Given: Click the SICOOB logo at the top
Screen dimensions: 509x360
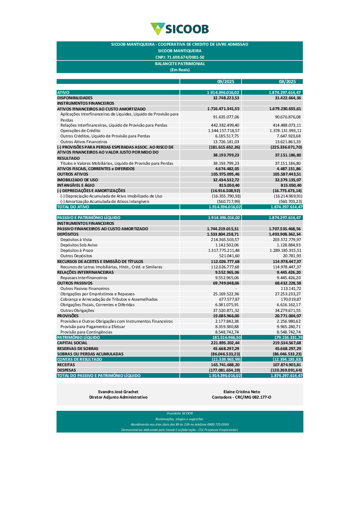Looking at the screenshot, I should (180, 29).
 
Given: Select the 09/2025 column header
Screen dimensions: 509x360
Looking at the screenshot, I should (226, 82).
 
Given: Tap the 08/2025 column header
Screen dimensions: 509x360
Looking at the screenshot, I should (287, 82).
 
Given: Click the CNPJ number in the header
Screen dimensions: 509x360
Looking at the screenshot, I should (180, 57).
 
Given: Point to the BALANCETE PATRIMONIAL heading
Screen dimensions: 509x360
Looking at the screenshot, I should (180, 64).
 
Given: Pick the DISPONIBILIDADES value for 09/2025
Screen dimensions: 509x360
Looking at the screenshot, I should (226, 98).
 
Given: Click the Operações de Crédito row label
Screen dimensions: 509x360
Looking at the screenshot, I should (80, 131).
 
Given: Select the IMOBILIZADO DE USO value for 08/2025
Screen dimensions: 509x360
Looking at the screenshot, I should (288, 180).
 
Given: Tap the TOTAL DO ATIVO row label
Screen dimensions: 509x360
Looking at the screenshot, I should (73, 207).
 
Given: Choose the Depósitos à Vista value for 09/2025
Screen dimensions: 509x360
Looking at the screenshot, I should (225, 240).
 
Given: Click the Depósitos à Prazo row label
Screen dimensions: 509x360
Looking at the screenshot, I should (77, 250).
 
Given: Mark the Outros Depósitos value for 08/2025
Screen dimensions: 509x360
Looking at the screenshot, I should (292, 256).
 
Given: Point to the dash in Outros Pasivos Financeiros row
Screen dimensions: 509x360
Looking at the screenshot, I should (236, 288).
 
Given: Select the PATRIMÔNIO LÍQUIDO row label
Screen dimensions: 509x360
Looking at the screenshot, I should (78, 337).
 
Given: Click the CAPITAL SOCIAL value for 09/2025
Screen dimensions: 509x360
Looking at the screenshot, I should (225, 343).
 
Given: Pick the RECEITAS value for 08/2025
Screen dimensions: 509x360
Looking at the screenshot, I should (287, 365).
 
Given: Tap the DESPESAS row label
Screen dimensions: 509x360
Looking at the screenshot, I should (67, 370).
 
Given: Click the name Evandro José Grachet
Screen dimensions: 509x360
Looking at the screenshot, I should (118, 392).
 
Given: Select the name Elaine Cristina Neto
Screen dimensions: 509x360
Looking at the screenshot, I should (242, 392).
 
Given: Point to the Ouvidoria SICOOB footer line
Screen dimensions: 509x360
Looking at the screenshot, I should (180, 413).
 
